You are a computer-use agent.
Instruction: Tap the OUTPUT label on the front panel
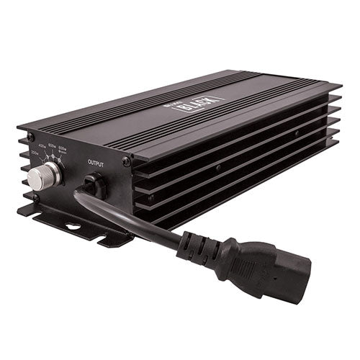point(96,164)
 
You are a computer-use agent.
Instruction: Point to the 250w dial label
point(35,153)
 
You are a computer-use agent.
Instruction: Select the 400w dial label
point(49,145)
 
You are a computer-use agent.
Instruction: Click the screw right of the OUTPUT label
point(126,162)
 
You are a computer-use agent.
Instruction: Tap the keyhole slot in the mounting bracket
point(72,228)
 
